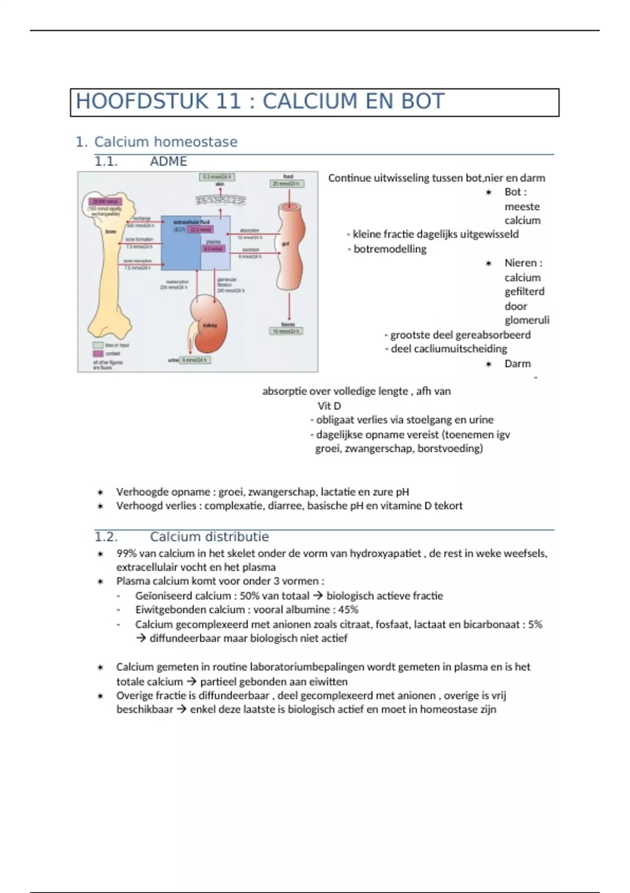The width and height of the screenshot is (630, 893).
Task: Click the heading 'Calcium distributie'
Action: tap(209, 537)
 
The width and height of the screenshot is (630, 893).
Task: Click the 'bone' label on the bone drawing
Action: tap(111, 231)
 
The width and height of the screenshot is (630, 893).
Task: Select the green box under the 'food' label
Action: tap(287, 184)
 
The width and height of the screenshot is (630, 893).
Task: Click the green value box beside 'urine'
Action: tap(195, 360)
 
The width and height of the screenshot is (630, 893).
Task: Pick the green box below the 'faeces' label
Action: tap(287, 331)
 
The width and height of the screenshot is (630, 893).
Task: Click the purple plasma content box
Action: tap(214, 249)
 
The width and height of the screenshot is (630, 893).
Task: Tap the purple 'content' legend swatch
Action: tap(98, 354)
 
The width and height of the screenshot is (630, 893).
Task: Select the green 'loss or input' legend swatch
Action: tap(98, 345)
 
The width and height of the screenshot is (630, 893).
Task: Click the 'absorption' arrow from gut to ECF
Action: tap(254, 234)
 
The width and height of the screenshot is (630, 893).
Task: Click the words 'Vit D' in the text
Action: tap(329, 406)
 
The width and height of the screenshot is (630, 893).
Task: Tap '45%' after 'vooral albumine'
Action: tap(348, 610)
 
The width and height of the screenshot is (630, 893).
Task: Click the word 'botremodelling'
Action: tap(390, 249)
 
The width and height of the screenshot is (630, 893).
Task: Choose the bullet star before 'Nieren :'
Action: tap(489, 263)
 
